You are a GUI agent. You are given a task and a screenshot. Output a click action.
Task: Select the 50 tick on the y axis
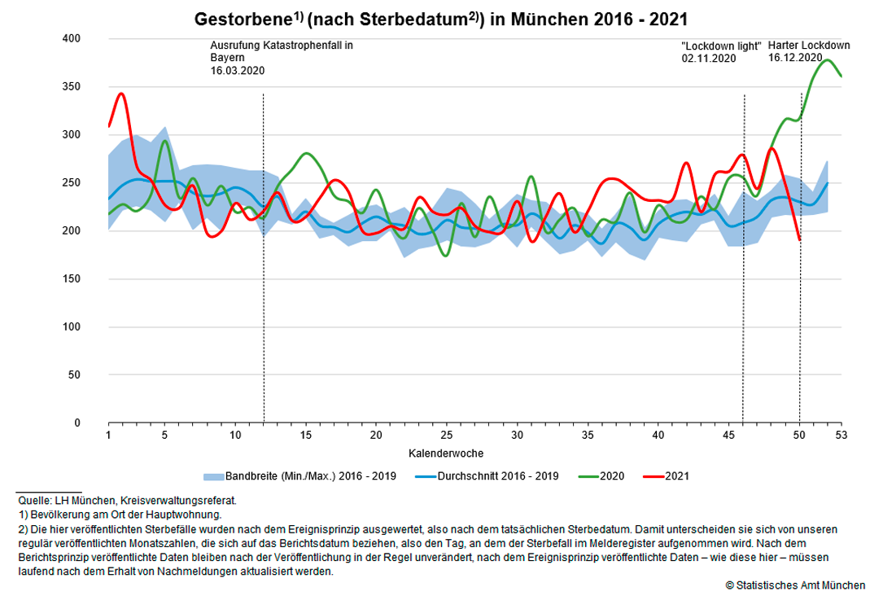pos(74,375)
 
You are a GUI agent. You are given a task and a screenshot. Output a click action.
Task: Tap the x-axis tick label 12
pos(263,436)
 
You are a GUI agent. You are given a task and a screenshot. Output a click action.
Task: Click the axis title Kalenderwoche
pos(446,453)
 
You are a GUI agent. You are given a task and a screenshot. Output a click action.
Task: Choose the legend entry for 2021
pos(676,475)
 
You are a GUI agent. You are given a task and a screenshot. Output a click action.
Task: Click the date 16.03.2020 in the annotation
pos(238,71)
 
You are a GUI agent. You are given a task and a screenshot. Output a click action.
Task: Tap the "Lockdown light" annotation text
pos(720,46)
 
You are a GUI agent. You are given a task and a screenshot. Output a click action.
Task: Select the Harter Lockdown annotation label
pos(809,46)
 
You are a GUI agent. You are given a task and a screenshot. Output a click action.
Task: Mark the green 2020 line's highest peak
pos(828,59)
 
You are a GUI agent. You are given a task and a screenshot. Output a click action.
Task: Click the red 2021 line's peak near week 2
pos(121,94)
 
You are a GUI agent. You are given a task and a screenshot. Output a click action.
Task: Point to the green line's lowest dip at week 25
pos(445,256)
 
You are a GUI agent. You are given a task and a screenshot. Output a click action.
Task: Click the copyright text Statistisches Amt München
pos(795,585)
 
